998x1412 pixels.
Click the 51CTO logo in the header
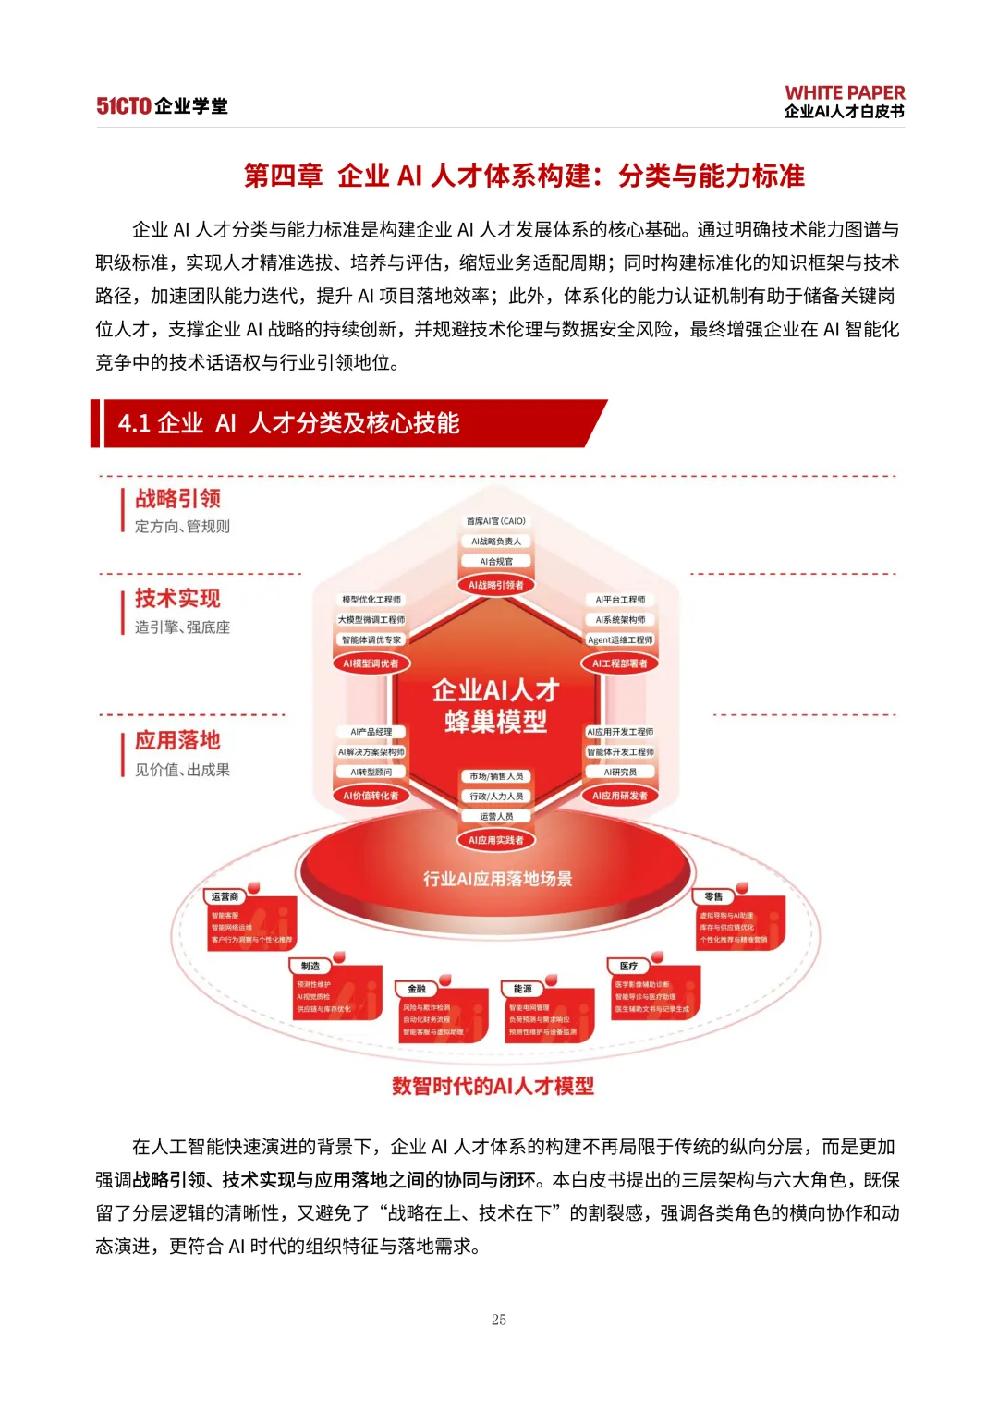123,106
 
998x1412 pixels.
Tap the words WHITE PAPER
845,92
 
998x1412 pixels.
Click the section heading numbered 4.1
288,423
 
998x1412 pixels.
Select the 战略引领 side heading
177,499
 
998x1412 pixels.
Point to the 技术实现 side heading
177,598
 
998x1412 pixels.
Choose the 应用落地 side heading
177,740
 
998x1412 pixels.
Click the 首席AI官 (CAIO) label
496,521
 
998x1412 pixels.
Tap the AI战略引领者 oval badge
496,585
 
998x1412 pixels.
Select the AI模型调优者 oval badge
371,663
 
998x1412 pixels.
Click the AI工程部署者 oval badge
620,663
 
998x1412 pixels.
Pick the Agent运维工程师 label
620,639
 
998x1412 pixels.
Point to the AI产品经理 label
371,732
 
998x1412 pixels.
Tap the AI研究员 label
620,772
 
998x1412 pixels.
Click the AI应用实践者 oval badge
496,840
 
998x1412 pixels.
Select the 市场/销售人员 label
496,776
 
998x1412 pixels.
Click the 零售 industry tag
713,896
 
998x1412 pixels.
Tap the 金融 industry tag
418,989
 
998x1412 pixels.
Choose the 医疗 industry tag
628,966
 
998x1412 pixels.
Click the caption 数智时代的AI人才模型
493,1086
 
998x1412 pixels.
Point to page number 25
499,1320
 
